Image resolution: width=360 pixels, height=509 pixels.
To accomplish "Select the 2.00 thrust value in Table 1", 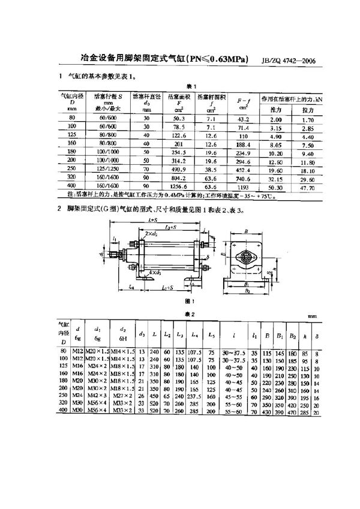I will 275,120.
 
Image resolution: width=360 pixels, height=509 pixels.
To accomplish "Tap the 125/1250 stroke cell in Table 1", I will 110,170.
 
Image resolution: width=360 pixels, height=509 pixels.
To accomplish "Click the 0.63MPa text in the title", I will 223,59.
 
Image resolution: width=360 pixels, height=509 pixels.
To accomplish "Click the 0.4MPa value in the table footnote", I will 172,195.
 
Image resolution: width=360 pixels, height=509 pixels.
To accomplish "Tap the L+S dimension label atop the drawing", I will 152,221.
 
